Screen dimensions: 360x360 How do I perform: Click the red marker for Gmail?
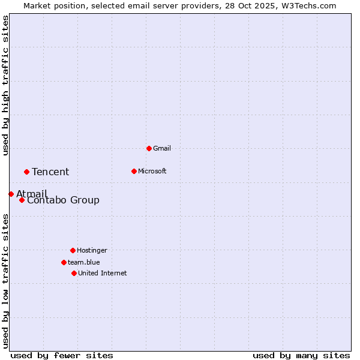coord(149,148)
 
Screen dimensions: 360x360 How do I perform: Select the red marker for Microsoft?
coord(134,171)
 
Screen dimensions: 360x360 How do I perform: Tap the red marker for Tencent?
coord(26,172)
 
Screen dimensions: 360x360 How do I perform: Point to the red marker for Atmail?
coord(11,194)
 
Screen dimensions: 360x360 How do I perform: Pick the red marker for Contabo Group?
coord(22,200)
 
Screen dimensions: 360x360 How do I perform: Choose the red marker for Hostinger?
coord(73,250)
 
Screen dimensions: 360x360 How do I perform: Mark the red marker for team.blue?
coord(64,262)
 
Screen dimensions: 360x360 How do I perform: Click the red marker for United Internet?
coord(74,273)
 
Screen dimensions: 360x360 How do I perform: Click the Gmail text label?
coord(162,148)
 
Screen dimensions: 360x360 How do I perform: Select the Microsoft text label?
coord(152,171)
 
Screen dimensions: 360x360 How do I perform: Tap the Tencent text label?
coord(50,172)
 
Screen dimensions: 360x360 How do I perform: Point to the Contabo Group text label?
coord(63,200)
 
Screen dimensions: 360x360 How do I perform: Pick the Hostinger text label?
coord(92,250)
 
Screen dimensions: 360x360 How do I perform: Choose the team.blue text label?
coord(84,262)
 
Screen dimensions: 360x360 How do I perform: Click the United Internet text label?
coord(103,273)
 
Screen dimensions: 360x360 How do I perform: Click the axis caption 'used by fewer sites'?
coord(62,355)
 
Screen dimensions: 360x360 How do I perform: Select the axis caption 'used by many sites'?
coord(301,355)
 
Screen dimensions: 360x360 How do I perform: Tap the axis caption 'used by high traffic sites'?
coord(5,85)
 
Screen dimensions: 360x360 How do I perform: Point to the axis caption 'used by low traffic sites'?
coord(5,281)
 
